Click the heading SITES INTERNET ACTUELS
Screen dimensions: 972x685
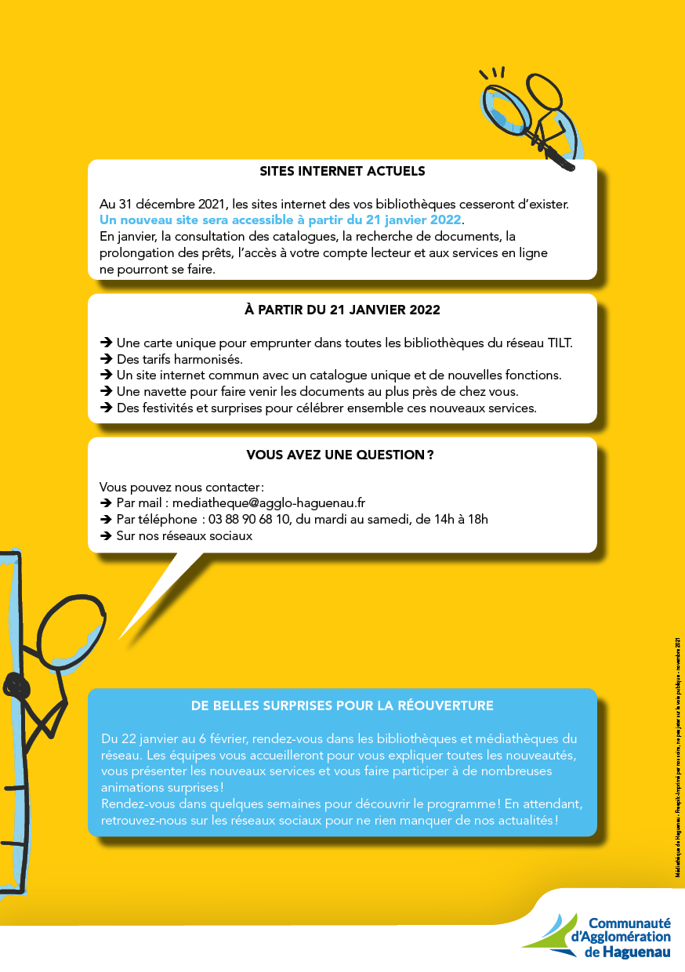pos(342,171)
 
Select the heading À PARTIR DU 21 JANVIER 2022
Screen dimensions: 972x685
pos(342,310)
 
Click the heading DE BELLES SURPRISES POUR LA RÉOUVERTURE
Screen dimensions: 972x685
pos(342,705)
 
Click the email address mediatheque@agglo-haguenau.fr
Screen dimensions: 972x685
pos(268,502)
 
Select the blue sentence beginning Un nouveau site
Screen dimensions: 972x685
pos(281,219)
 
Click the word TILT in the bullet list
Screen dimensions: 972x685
pos(560,343)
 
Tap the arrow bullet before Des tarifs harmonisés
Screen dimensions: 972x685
pos(106,360)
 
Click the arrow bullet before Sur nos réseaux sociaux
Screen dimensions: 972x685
pos(106,536)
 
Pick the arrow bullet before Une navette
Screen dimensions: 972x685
pos(106,391)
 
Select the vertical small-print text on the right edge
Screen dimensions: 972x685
pos(677,756)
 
